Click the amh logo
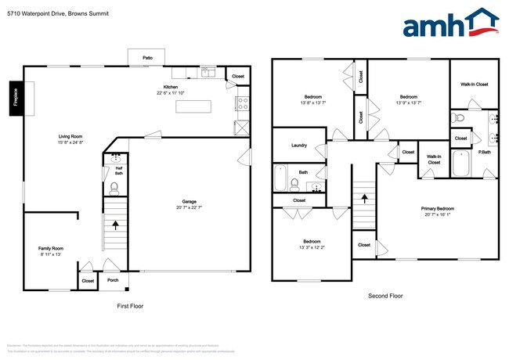pyautogui.click(x=449, y=23)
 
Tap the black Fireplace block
pyautogui.click(x=15, y=99)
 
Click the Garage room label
pyautogui.click(x=186, y=203)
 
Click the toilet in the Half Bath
pyautogui.click(x=114, y=188)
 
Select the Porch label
pyautogui.click(x=113, y=280)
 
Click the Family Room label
pyautogui.click(x=51, y=248)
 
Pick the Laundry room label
pyautogui.click(x=298, y=146)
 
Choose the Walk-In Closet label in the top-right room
pyautogui.click(x=474, y=84)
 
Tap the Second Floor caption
pyautogui.click(x=385, y=296)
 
